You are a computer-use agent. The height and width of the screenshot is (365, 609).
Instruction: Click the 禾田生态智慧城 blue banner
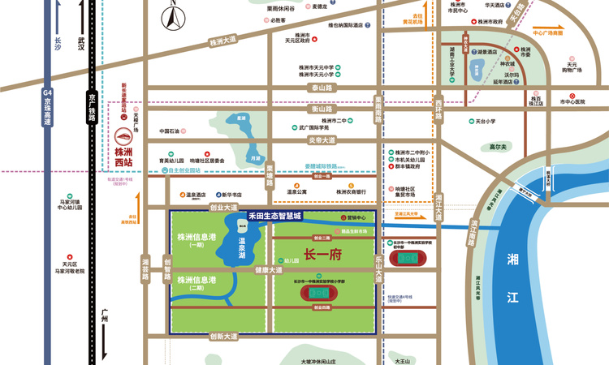274,217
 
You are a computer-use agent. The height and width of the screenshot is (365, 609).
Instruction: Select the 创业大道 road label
222,208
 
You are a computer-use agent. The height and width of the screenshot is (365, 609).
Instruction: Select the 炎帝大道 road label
321,140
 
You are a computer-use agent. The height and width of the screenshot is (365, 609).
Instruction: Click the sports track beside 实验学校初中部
403,258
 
